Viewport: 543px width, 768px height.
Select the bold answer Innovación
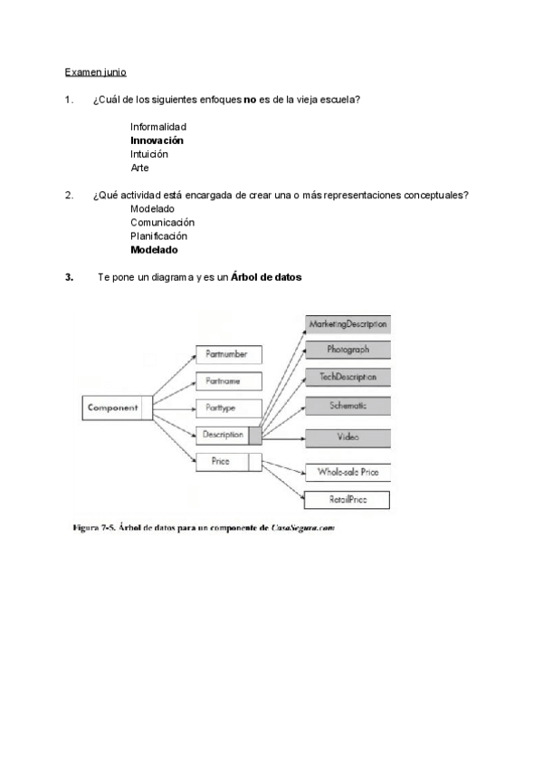pyautogui.click(x=157, y=140)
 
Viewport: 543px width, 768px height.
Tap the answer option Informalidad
pyautogui.click(x=157, y=127)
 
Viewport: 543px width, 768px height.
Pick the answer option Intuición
pyautogui.click(x=149, y=154)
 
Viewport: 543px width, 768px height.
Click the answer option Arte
pyautogui.click(x=139, y=168)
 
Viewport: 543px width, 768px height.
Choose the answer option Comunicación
pyautogui.click(x=162, y=222)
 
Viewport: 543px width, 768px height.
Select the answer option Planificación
pyautogui.click(x=158, y=235)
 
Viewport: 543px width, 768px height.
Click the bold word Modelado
pyautogui.click(x=154, y=249)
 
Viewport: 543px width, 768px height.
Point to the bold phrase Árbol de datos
pyautogui.click(x=265, y=276)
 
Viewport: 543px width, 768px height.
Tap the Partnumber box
pyautogui.click(x=229, y=355)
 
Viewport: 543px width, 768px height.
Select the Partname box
pyautogui.click(x=229, y=381)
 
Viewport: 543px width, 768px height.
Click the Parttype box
pyautogui.click(x=229, y=408)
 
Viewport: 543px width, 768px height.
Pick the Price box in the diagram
pyautogui.click(x=228, y=462)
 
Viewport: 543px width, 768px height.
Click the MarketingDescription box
pyautogui.click(x=348, y=323)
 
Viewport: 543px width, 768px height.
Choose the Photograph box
pyautogui.click(x=348, y=350)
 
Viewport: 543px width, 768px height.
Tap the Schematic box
pyautogui.click(x=348, y=405)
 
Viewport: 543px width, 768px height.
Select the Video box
pyautogui.click(x=348, y=437)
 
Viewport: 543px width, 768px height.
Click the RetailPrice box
pyautogui.click(x=348, y=499)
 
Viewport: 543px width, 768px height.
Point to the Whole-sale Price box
pyautogui.click(x=348, y=472)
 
